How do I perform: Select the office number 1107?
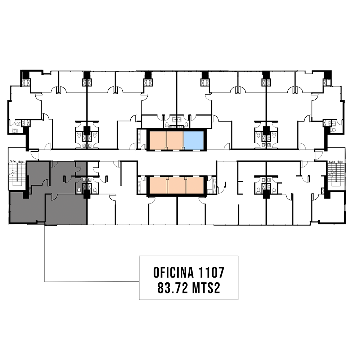point(211,273)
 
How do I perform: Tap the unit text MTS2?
point(206,288)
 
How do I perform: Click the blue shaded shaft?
point(193,140)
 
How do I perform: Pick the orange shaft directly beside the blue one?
point(175,140)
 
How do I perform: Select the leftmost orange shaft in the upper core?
point(158,140)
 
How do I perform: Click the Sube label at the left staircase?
point(13,161)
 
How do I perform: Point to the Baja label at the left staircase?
point(21,162)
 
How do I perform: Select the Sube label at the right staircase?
point(332,162)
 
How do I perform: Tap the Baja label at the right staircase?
point(340,162)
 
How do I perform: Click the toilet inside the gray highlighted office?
point(79,191)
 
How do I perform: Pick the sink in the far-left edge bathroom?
point(15,131)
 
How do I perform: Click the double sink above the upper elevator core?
point(176,120)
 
